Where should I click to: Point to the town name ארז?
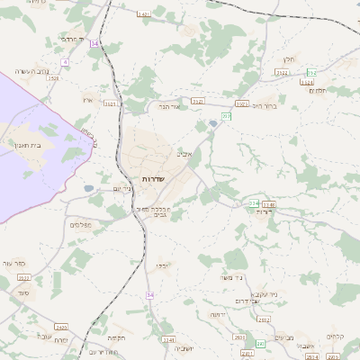click(x=87, y=99)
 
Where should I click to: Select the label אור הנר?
click(x=170, y=106)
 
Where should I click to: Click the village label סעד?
click(x=23, y=292)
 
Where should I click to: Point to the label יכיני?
click(x=162, y=265)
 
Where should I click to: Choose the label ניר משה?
click(x=232, y=277)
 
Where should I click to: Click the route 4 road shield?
click(x=65, y=62)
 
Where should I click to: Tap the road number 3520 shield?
click(x=53, y=78)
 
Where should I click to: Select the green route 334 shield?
click(x=255, y=203)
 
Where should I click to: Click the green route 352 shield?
click(x=311, y=72)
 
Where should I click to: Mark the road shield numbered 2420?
click(x=61, y=327)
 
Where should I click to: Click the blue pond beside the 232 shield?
click(x=212, y=123)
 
